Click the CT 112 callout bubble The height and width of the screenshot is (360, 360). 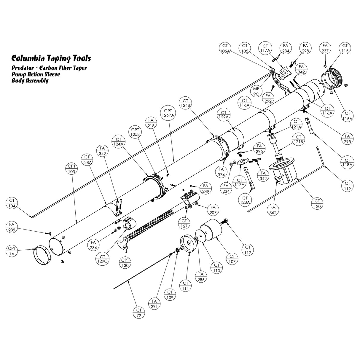(248, 250)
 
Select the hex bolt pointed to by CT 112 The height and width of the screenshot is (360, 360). (226, 221)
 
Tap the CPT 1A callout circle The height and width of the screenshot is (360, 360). (12, 251)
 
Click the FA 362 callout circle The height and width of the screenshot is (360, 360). (273, 210)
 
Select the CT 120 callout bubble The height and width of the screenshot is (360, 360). (317, 203)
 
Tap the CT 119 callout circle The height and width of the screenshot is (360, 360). (347, 186)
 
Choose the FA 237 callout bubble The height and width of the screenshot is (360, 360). (325, 48)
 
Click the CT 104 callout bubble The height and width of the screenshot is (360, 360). (12, 203)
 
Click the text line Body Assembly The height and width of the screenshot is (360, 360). (30, 81)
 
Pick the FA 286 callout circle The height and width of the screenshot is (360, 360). (201, 277)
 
